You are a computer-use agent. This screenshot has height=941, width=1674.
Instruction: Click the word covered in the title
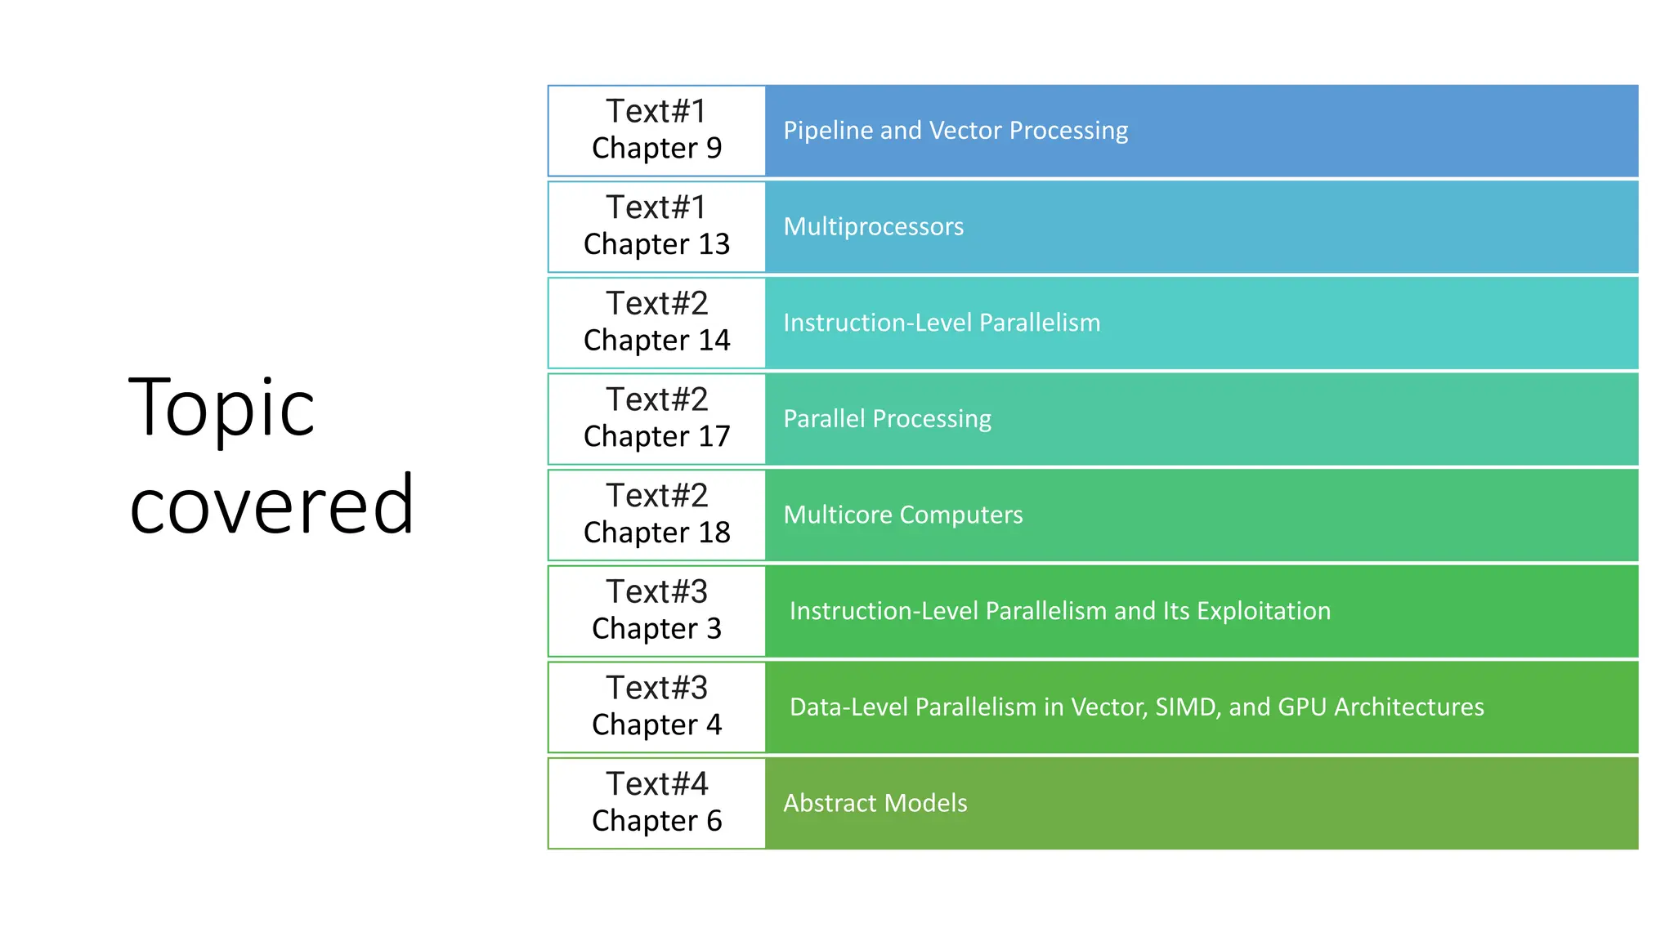pyautogui.click(x=271, y=505)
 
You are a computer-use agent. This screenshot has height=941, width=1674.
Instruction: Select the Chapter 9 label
pyautogui.click(x=656, y=149)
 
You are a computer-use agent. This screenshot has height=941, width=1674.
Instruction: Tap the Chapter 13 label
pyautogui.click(x=656, y=244)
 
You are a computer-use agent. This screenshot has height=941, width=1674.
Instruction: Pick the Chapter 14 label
pyautogui.click(x=656, y=341)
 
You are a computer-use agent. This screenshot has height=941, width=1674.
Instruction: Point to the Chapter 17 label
pyautogui.click(x=656, y=437)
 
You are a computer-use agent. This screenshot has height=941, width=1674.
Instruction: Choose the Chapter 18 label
pyautogui.click(x=656, y=533)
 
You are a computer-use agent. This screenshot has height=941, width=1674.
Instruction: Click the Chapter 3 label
pyautogui.click(x=656, y=629)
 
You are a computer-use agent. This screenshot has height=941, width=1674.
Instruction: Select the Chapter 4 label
pyautogui.click(x=656, y=725)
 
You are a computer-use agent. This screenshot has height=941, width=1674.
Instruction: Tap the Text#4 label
pyautogui.click(x=656, y=784)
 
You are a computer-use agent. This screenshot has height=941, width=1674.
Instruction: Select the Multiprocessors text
pyautogui.click(x=873, y=227)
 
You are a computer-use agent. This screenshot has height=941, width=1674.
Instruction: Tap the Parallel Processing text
pyautogui.click(x=887, y=419)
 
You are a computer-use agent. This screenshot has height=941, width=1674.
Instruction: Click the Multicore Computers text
pyautogui.click(x=902, y=515)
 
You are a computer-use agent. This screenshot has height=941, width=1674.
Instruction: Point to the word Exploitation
pyautogui.click(x=1264, y=611)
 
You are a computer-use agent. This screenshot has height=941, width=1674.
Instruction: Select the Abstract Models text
pyautogui.click(x=875, y=803)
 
